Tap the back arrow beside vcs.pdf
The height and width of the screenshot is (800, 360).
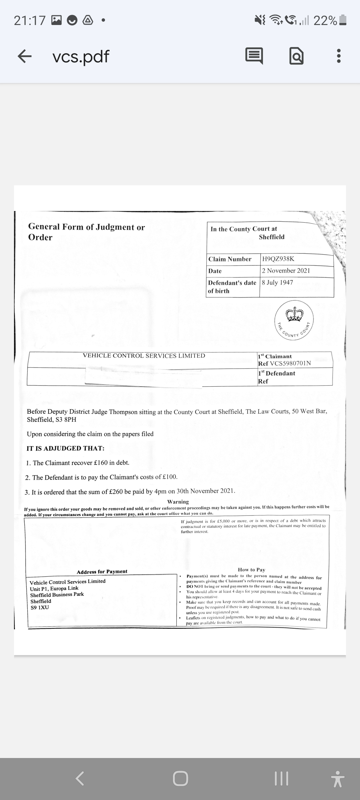click(25, 56)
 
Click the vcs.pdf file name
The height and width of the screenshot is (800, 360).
click(81, 56)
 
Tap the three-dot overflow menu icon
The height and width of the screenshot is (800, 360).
click(339, 56)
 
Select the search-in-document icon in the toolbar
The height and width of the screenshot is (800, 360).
click(296, 56)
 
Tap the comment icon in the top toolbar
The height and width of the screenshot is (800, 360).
click(254, 56)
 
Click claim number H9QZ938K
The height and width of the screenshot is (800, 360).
click(278, 259)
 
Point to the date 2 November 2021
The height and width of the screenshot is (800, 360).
click(286, 271)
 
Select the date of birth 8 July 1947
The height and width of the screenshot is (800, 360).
click(277, 283)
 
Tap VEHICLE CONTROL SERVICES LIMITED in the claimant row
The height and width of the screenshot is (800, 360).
click(144, 356)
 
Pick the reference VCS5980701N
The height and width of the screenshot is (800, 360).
click(290, 363)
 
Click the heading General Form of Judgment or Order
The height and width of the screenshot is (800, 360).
click(86, 232)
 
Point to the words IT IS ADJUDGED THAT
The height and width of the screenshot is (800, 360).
click(65, 448)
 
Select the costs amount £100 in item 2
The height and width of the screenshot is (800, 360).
click(170, 477)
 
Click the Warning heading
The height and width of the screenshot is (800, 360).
click(178, 502)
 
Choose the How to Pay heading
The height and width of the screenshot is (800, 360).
click(251, 570)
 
